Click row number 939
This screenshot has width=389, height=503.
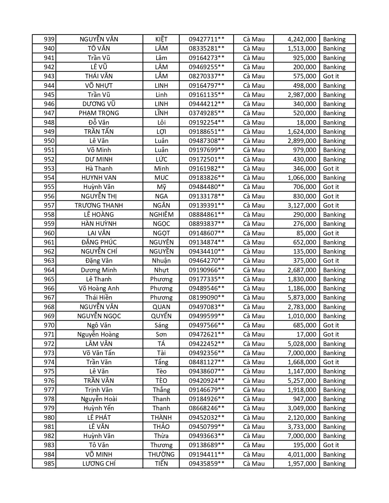[x=49, y=39]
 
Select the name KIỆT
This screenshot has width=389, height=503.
[x=161, y=39]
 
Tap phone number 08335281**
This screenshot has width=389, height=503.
[x=207, y=48]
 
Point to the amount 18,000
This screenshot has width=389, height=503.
[x=306, y=123]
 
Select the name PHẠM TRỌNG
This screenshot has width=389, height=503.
[x=99, y=113]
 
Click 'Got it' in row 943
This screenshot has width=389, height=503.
[x=331, y=76]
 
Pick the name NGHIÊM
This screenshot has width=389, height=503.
[x=161, y=215]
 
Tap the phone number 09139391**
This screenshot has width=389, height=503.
[x=207, y=205]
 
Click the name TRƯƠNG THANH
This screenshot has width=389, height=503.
[x=99, y=205]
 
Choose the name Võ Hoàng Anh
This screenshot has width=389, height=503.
[x=99, y=288]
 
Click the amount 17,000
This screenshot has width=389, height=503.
[x=306, y=334]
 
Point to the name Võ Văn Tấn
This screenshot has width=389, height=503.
[x=99, y=353]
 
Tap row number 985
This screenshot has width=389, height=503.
[x=49, y=464]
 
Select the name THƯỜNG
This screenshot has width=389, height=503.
[x=161, y=455]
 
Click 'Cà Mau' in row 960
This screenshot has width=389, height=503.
[x=254, y=233]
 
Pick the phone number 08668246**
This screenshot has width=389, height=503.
[x=207, y=408]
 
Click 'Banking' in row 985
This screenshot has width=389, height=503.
[x=334, y=464]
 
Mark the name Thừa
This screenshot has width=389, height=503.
[x=161, y=436]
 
